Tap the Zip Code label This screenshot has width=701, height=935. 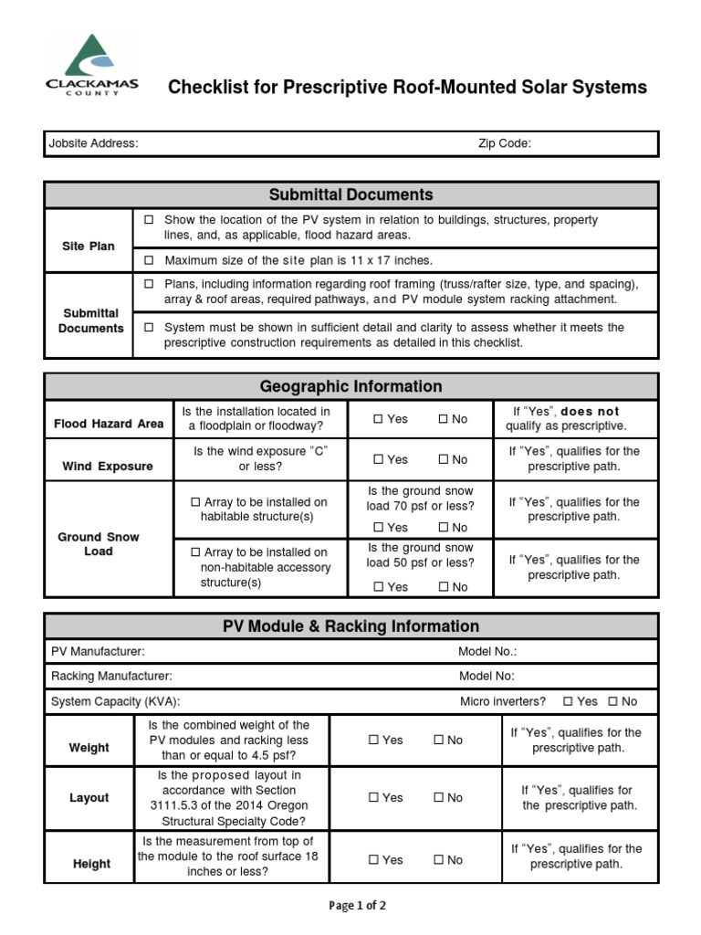click(x=504, y=143)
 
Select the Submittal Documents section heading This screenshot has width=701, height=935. click(x=350, y=194)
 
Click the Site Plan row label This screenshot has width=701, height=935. click(x=89, y=247)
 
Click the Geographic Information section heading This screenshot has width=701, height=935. click(x=350, y=386)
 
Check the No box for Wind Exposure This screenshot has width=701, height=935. click(x=443, y=459)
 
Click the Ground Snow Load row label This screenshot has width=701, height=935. click(x=99, y=544)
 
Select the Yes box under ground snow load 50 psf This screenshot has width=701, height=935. click(x=379, y=587)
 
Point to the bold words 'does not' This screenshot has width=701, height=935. click(x=590, y=412)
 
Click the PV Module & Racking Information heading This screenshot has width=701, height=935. click(x=350, y=626)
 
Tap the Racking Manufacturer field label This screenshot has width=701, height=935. click(x=111, y=677)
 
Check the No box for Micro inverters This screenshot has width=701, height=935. click(x=612, y=701)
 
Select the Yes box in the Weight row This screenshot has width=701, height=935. click(x=373, y=741)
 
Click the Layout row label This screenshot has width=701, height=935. click(x=89, y=798)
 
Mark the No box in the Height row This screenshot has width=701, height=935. click(x=438, y=860)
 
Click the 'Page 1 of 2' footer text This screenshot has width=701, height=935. click(x=357, y=906)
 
